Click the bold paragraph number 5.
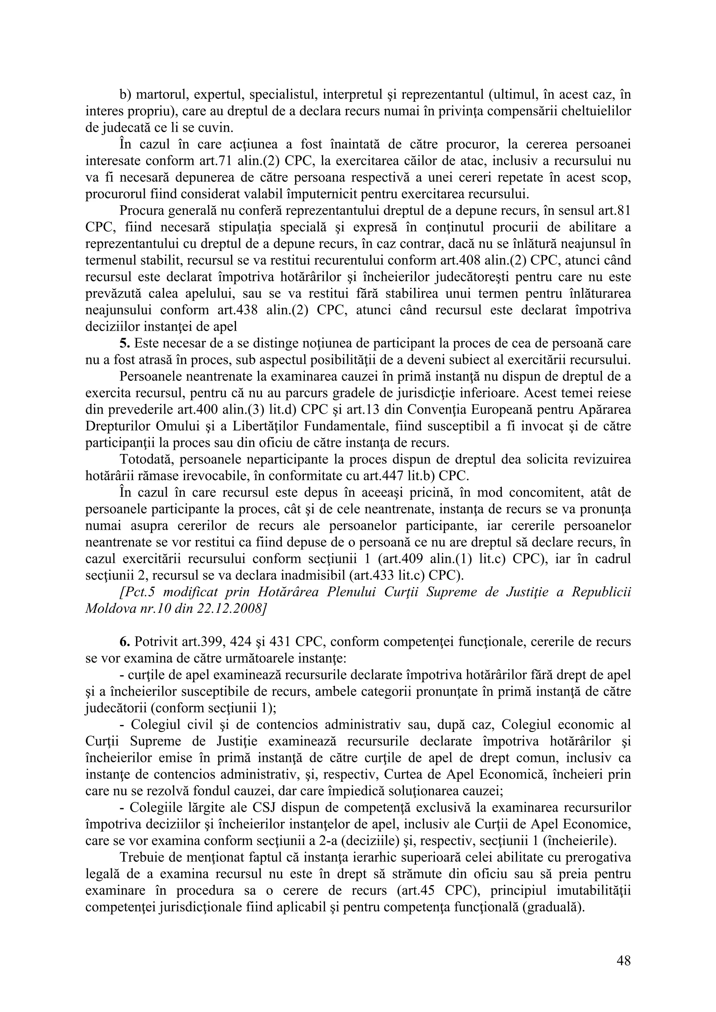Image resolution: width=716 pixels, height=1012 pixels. (x=123, y=343)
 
